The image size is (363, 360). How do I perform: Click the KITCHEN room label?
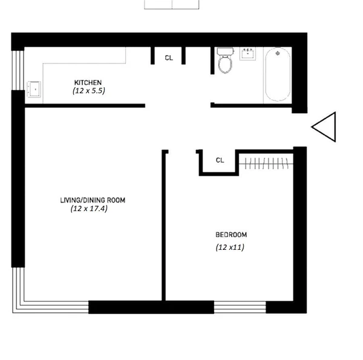[88, 82]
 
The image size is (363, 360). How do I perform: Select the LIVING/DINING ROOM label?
[93, 200]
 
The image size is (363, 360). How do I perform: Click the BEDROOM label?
[231, 235]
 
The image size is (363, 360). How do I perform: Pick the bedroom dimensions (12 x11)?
[231, 247]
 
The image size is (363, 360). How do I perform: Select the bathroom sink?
[249, 54]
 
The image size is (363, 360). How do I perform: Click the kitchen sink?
[34, 90]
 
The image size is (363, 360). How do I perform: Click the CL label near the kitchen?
[169, 58]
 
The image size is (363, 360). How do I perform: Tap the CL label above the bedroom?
[220, 160]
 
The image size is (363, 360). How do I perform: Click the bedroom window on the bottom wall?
[240, 307]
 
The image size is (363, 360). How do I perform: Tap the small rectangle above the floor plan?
[172, 4]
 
